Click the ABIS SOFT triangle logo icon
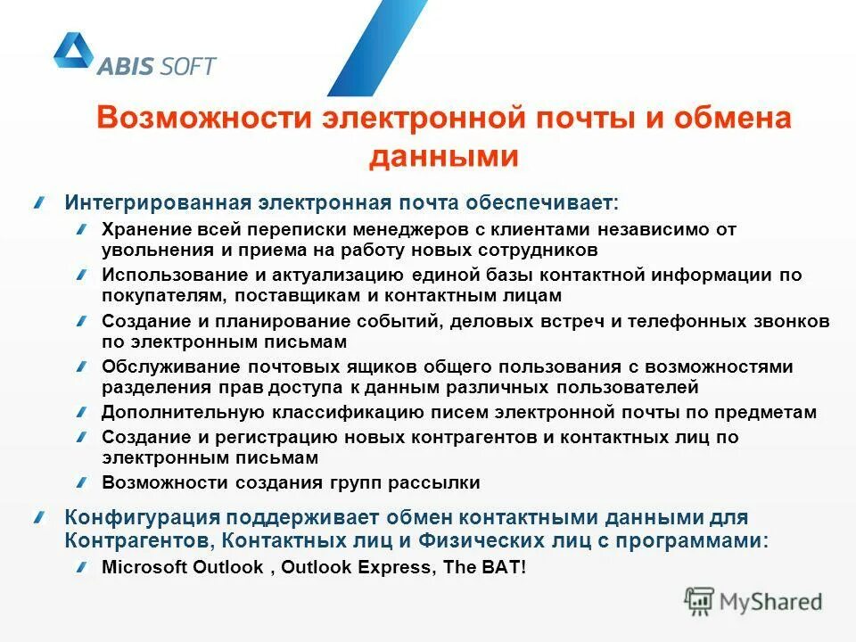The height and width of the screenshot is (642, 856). coord(73,52)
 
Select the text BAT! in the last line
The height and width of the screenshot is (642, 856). coord(506,567)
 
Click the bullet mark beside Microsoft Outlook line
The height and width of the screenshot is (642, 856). coord(82,567)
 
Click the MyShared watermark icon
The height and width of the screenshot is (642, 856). coord(700,601)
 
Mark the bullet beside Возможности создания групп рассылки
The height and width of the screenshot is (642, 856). coord(82,483)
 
